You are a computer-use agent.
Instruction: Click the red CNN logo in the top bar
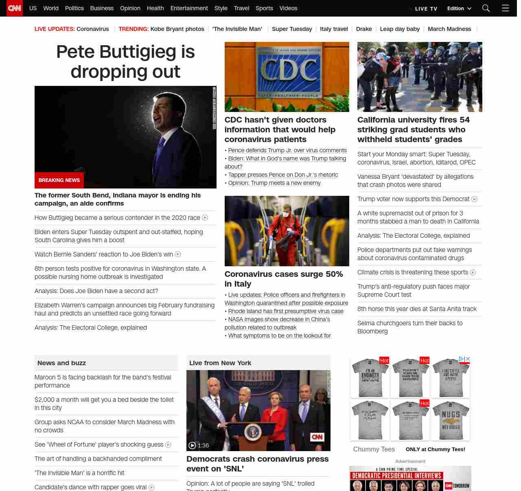[x=15, y=8]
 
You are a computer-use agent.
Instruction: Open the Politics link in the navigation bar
[x=74, y=8]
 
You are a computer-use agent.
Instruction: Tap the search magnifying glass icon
[x=486, y=8]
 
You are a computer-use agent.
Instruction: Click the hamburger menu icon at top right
[x=505, y=8]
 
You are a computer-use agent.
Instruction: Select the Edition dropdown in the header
[x=459, y=8]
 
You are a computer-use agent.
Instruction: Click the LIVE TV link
[x=426, y=9]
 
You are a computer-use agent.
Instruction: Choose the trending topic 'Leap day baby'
[x=400, y=29]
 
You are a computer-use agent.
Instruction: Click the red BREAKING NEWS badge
[x=59, y=180]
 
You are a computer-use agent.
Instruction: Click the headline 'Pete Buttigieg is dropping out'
[x=125, y=61]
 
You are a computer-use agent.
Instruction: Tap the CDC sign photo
[x=287, y=77]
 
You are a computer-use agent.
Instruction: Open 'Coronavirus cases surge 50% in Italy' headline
[x=283, y=279]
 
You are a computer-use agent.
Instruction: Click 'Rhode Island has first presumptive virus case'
[x=286, y=311]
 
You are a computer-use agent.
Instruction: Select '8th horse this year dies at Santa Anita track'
[x=417, y=309]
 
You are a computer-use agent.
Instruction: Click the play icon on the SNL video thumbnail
[x=192, y=445]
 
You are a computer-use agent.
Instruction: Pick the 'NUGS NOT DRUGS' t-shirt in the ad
[x=451, y=420]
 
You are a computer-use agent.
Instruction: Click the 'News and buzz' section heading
[x=61, y=363]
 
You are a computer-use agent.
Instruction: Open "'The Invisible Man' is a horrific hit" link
[x=79, y=473]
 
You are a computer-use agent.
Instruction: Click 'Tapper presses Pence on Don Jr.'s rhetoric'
[x=283, y=175]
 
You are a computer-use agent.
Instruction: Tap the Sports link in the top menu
[x=264, y=8]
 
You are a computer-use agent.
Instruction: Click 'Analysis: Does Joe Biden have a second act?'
[x=96, y=291]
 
